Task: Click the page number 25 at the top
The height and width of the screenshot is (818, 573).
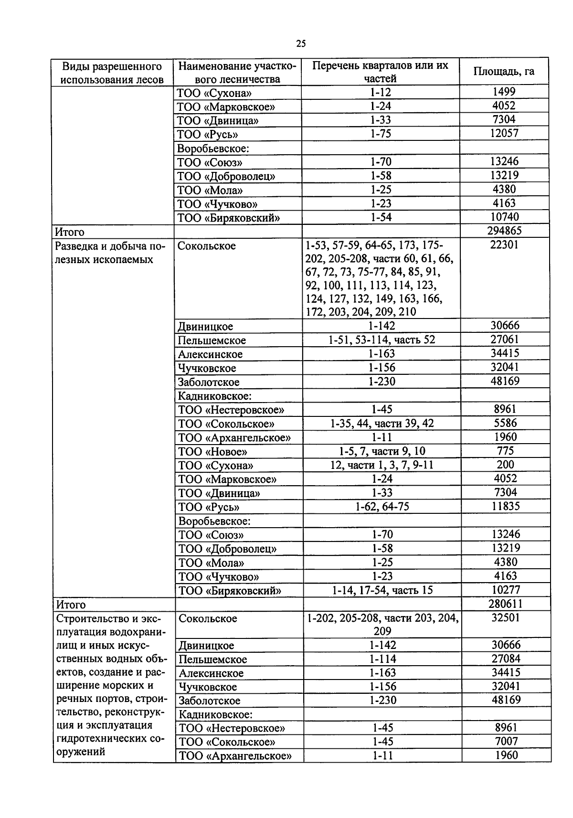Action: pos(301,44)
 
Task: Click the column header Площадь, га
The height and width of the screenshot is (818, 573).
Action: pos(504,72)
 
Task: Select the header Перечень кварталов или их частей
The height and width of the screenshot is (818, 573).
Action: pos(380,72)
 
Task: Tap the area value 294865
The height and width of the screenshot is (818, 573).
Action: pos(504,231)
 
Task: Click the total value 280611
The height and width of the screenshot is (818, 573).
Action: pos(505,604)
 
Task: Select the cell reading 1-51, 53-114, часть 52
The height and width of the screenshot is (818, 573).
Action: pos(382,340)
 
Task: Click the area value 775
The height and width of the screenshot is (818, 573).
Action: pos(505,451)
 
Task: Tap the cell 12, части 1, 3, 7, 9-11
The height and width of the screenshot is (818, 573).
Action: pos(382,465)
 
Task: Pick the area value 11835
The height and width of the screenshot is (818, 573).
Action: pos(506,506)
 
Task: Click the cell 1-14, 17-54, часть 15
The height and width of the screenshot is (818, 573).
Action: pos(382,590)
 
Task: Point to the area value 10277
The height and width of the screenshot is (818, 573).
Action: pos(506,590)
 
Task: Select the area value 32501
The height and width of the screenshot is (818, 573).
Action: pos(506,617)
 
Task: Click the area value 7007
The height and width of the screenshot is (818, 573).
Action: pos(506,742)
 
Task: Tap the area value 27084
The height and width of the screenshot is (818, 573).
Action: pos(506,659)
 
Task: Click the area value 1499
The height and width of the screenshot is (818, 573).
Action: pos(504,92)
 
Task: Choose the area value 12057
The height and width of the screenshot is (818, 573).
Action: pos(504,134)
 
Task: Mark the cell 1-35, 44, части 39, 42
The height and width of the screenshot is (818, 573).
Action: pos(382,424)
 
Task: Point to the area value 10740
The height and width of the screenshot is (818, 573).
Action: pos(504,217)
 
